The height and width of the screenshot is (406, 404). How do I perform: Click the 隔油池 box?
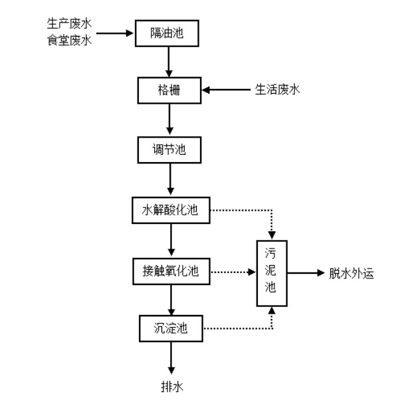(x=168, y=33)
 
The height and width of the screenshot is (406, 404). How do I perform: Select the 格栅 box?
(x=168, y=90)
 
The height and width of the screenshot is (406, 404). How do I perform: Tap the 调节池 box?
(x=170, y=150)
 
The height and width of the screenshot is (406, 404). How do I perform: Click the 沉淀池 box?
(x=170, y=327)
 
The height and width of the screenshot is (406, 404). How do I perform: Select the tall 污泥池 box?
(x=270, y=273)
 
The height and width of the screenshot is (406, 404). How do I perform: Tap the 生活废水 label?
(x=278, y=89)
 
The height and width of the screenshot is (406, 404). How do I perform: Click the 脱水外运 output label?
(x=351, y=273)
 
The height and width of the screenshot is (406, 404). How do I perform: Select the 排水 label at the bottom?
(x=171, y=386)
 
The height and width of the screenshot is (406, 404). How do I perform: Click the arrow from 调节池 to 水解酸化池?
(x=171, y=181)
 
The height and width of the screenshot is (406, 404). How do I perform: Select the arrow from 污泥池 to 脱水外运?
(x=305, y=273)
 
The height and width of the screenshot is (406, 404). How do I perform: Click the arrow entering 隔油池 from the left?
(x=116, y=31)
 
